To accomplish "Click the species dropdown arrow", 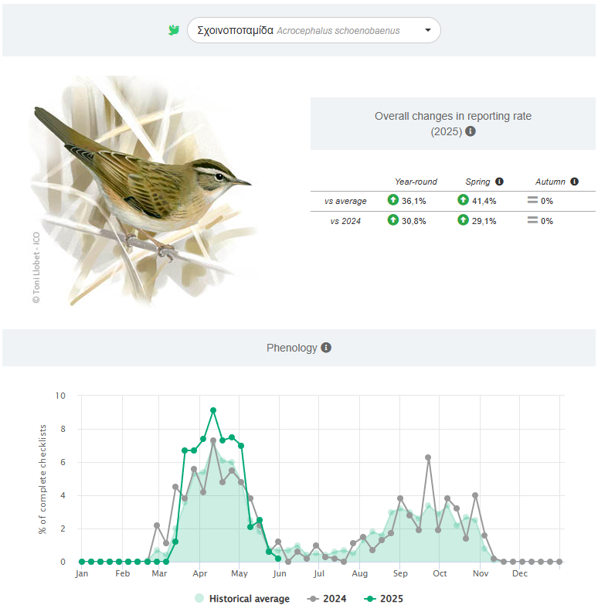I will (428, 31).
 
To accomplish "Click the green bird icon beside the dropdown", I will (174, 30).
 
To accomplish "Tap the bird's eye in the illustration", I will (220, 176).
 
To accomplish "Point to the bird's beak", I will (243, 182).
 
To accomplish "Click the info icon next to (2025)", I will (471, 131).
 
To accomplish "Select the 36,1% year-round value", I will (410, 201).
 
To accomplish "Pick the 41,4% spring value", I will (480, 201).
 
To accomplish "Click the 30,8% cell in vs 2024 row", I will (410, 220).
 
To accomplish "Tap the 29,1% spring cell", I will (480, 220).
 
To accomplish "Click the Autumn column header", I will (551, 182).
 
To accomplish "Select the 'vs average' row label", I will (345, 201).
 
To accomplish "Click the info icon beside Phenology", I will (326, 348).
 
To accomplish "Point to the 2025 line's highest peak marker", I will (213, 410).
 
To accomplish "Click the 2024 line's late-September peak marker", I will (428, 457).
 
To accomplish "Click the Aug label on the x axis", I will (359, 574).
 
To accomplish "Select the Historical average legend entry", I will (242, 598).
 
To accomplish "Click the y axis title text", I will (42, 479).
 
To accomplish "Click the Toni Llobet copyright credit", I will (36, 267).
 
